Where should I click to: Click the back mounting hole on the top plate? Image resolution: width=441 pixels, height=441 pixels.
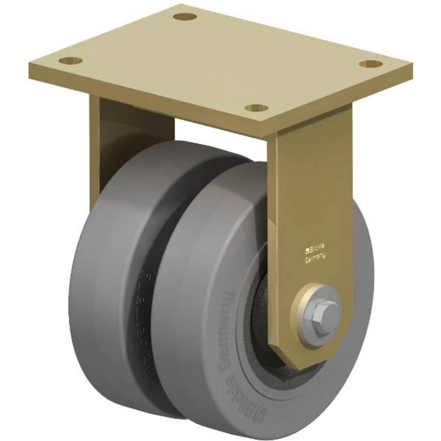pos(184,17)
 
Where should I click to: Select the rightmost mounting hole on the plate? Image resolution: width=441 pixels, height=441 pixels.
pos(370,64)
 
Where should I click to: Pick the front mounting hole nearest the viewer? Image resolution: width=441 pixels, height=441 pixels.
pos(258,107)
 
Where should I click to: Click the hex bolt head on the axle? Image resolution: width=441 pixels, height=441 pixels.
pos(320,310)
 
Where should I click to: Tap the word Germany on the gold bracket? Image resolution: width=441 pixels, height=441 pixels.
pos(316,259)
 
